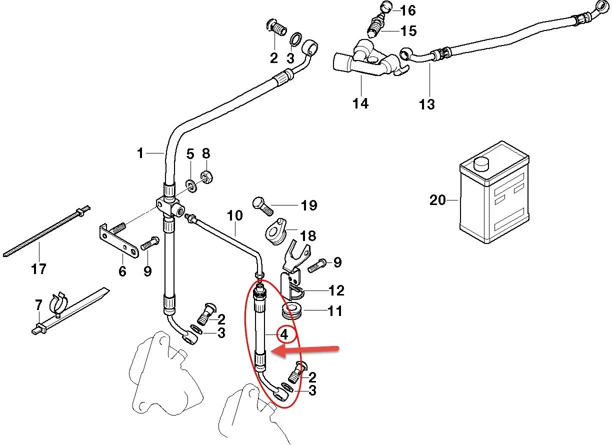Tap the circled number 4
click(x=284, y=333)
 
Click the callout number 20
click(x=437, y=200)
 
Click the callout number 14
click(x=360, y=103)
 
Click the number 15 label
click(x=408, y=31)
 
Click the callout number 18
click(x=308, y=235)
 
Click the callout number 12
click(x=336, y=290)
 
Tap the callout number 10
click(x=234, y=215)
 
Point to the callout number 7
click(x=38, y=304)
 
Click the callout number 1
click(x=140, y=152)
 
